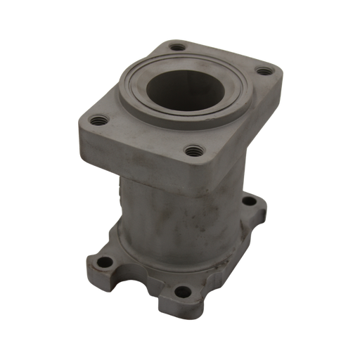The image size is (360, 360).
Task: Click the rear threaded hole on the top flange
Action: tap(175, 48)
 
